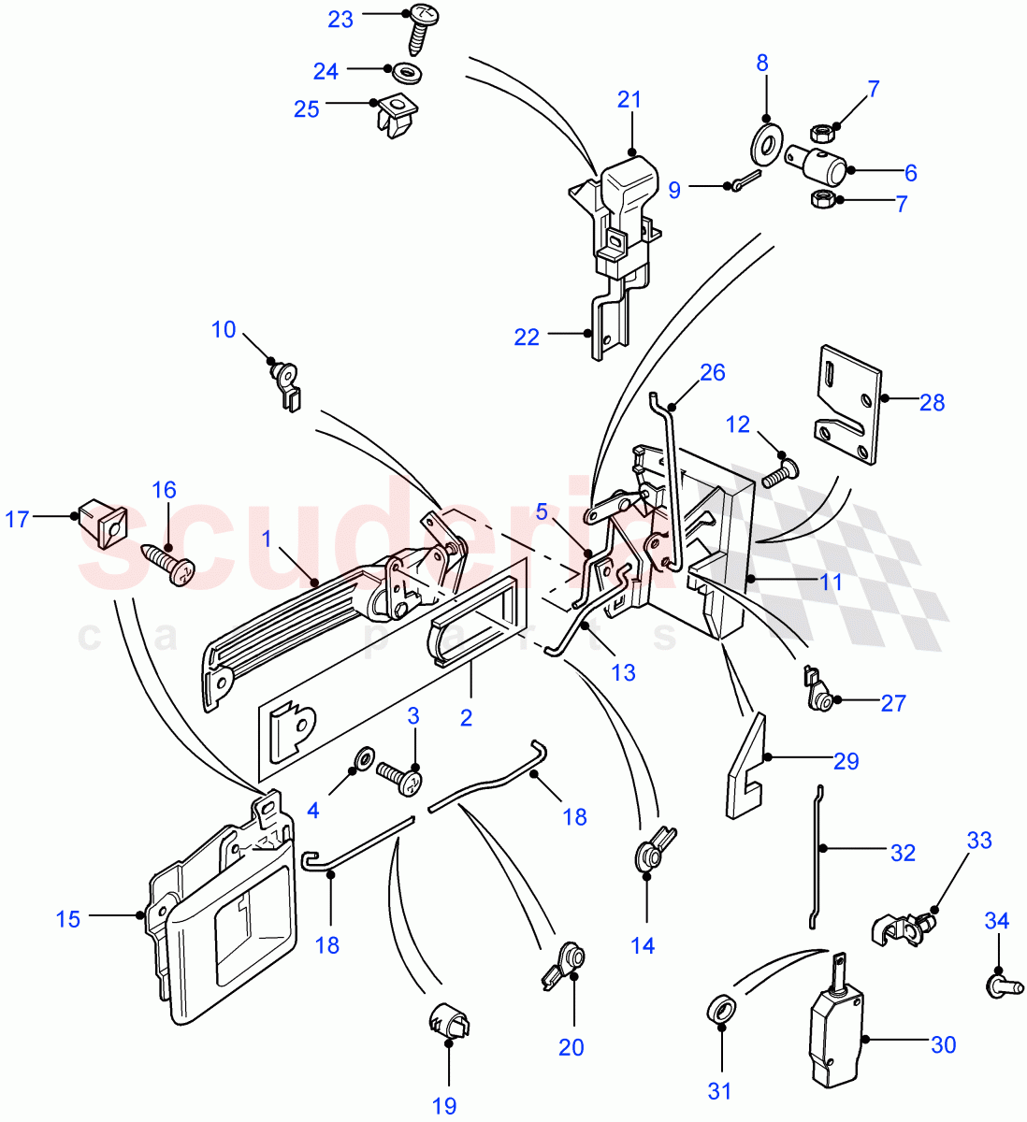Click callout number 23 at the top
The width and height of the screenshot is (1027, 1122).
pos(340,19)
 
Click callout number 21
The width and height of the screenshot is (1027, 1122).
pos(629,98)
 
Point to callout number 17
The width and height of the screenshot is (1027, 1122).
pos(18,518)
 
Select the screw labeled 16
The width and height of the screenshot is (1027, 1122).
pos(170,564)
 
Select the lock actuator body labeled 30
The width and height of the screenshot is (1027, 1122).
pos(836,1038)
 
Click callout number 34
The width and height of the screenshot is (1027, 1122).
pos(997,921)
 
